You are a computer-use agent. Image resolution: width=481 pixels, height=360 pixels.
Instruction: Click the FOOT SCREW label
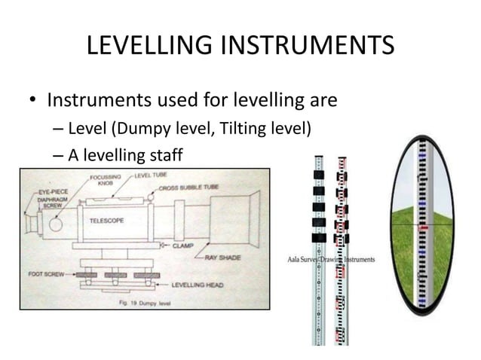pyautogui.click(x=40, y=274)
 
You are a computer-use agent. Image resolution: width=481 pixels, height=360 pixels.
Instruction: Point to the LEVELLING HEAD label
pyautogui.click(x=197, y=285)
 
